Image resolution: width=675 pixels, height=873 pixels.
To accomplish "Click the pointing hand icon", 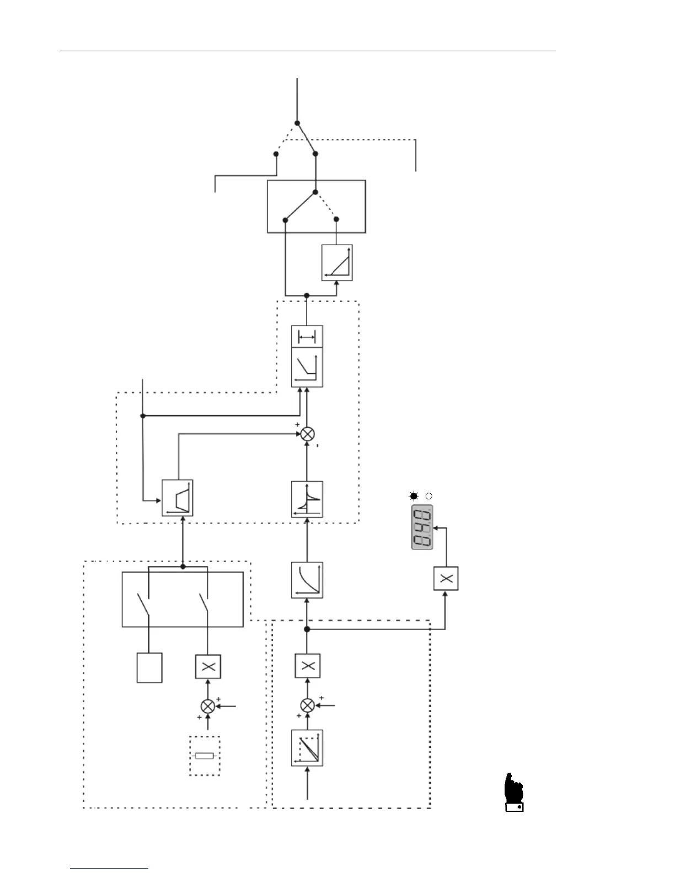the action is [514, 793].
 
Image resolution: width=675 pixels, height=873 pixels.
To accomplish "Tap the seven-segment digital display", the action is [422, 527].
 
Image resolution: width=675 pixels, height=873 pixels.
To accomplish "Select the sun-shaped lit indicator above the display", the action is [414, 496].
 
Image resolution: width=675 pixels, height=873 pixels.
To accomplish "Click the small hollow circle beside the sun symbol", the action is [428, 496].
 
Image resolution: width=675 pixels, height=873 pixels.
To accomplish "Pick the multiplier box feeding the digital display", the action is [446, 579].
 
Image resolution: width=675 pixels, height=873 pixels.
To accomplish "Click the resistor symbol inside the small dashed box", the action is [205, 756].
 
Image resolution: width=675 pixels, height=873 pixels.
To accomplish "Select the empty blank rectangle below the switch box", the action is [149, 667].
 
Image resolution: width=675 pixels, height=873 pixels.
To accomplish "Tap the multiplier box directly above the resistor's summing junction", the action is [208, 666].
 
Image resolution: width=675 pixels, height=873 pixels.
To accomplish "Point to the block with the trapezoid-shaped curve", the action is [178, 498].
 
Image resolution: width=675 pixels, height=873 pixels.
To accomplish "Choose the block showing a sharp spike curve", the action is [307, 499].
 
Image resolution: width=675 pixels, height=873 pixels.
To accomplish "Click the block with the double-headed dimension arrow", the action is [307, 337].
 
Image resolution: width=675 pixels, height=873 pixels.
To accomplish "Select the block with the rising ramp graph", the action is [337, 263].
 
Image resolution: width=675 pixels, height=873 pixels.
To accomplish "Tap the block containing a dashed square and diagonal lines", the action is [307, 748].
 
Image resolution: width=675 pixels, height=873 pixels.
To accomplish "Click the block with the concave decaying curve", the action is [307, 580].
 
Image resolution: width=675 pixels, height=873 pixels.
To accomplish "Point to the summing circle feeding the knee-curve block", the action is [307, 434].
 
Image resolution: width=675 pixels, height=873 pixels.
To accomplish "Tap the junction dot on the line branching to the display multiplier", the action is [307, 629].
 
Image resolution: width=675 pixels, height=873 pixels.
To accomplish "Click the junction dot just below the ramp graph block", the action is [307, 296].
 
